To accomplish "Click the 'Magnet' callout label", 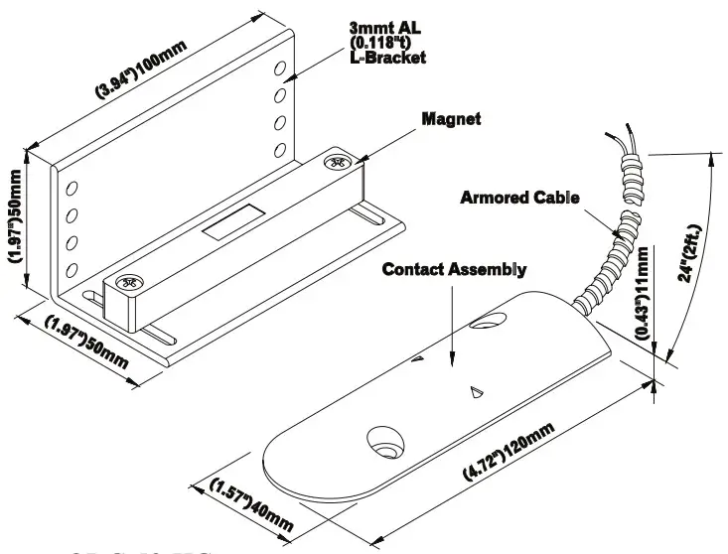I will point(451,119).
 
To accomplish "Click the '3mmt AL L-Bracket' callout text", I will point(388,43).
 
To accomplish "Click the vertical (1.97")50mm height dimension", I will point(17,226).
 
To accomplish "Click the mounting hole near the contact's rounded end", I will point(381,439).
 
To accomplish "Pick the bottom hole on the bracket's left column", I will point(72,269).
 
